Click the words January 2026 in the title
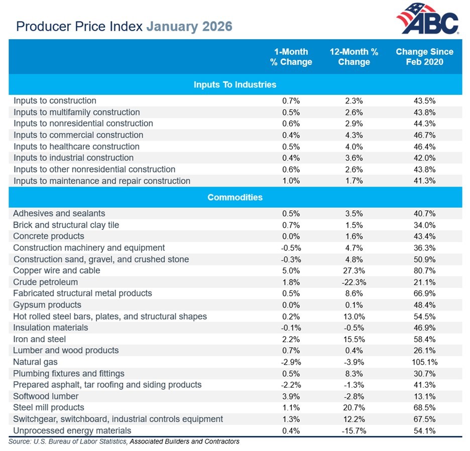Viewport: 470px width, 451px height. coord(189,26)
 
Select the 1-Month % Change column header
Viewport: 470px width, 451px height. coord(291,57)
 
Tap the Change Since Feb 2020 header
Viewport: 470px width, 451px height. coord(424,57)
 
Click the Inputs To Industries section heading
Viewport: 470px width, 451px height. coord(235,84)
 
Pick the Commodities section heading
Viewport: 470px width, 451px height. coord(235,197)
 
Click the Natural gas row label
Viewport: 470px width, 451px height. coord(35,362)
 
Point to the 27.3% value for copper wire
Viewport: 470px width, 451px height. coord(354,270)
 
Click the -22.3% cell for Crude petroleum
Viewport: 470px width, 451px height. coord(354,282)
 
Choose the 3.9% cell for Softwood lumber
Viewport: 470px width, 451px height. coord(291,396)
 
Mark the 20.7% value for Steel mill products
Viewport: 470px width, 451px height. coord(354,407)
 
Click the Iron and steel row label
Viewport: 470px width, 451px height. coord(40,339)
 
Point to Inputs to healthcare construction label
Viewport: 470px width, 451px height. coord(76,146)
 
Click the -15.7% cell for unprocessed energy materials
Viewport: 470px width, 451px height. coord(354,430)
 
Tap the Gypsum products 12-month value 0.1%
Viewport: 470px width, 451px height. coord(354,305)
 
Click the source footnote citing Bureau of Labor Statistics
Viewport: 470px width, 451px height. coord(124,441)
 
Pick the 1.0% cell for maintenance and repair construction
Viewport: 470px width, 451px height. coord(291,181)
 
